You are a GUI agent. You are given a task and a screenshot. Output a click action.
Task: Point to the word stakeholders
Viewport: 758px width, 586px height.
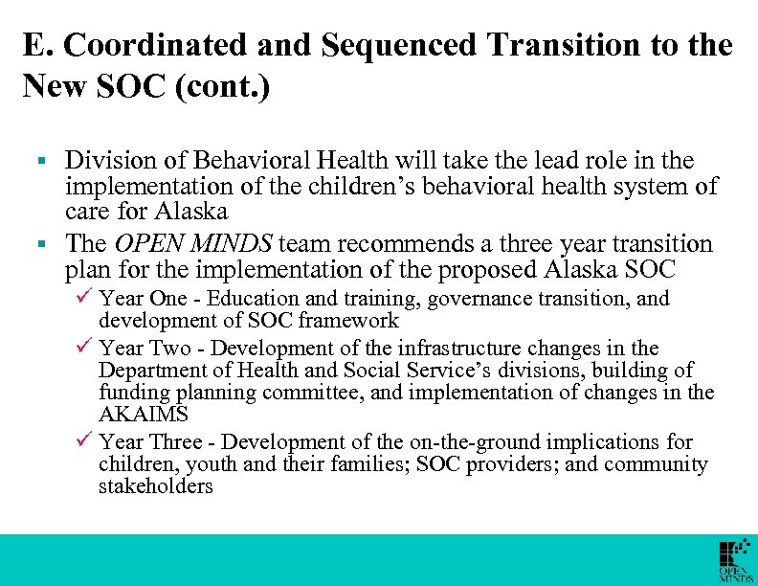[156, 486]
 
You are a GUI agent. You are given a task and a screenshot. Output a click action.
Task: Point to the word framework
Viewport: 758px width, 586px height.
[353, 321]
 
